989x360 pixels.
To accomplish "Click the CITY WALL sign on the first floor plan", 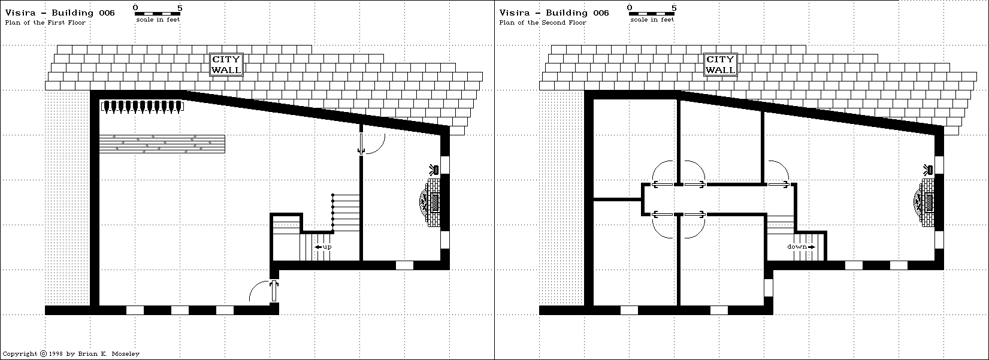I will pos(226,64).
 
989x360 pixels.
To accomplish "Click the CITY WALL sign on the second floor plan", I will pos(720,64).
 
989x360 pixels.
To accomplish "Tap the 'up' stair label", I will pos(323,247).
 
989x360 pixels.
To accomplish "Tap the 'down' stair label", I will pos(800,247).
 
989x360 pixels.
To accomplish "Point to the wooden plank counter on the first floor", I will pos(162,144).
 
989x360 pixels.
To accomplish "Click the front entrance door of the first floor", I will pos(274,291).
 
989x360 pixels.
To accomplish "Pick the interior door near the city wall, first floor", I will pos(361,143).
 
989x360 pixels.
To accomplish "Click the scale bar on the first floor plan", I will pos(158,13).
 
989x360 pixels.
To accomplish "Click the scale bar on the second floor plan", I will pos(651,13).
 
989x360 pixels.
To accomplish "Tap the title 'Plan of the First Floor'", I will pos(46,23).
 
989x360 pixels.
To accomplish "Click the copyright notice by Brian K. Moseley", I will pos(71,354).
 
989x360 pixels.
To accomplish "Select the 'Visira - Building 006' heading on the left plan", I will pos(60,13).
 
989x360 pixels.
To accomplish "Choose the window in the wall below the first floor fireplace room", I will pos(404,265).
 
